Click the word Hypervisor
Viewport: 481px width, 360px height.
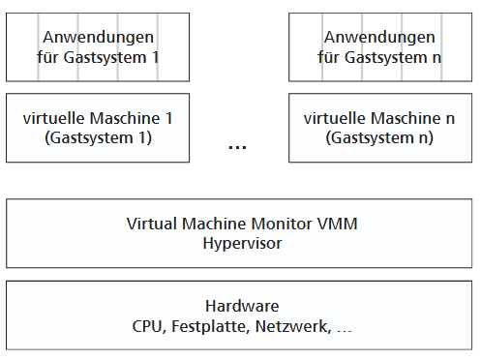(242, 243)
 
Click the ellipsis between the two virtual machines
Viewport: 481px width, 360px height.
(237, 147)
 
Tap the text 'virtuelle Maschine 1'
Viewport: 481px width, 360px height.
(98, 118)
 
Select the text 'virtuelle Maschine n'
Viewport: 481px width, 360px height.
(379, 118)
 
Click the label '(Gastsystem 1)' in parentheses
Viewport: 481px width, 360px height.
(98, 137)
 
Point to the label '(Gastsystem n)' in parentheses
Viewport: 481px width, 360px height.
(379, 137)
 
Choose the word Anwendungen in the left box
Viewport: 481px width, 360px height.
(98, 37)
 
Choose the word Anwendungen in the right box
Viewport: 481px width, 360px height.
(379, 37)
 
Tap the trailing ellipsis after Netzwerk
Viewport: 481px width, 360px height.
(344, 329)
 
